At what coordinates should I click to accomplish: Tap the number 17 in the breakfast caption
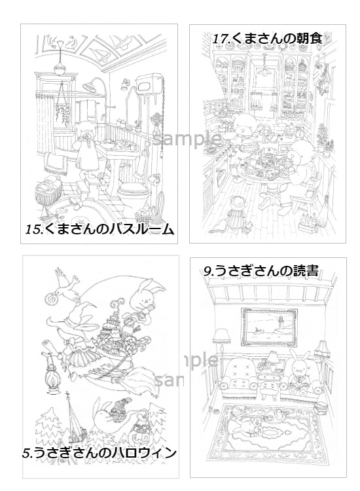pos(221,39)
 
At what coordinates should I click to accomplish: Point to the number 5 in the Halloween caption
pos(27,452)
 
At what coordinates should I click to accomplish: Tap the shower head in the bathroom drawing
pos(96,83)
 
